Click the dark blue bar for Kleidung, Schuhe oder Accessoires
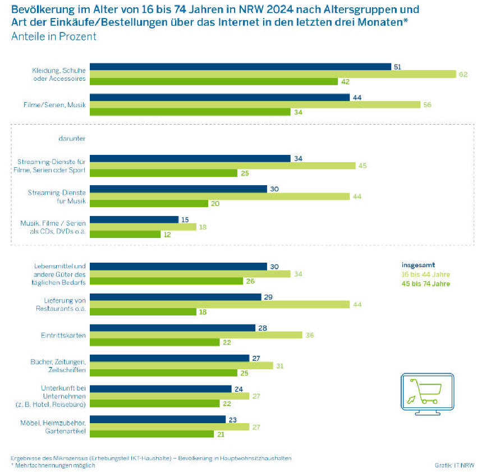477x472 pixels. tap(240, 67)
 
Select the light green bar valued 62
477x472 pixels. tap(273, 74)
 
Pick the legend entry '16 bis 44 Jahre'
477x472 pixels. tap(426, 274)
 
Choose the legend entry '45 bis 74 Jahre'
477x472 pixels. tap(426, 284)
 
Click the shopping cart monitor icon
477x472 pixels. tap(426, 392)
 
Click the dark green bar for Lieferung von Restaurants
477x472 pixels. tap(143, 312)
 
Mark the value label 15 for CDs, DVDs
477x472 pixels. tap(185, 219)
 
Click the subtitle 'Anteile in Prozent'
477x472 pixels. tap(54, 36)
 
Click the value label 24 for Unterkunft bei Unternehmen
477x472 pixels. tap(238, 388)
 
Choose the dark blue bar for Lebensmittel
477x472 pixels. tap(178, 267)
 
